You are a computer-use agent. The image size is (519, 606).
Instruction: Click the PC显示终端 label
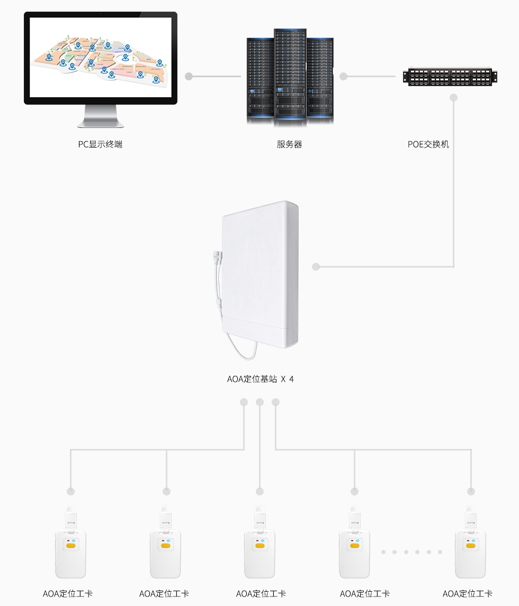click(100, 144)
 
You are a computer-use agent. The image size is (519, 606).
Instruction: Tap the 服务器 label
click(289, 144)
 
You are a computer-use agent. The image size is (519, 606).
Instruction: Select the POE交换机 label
click(428, 144)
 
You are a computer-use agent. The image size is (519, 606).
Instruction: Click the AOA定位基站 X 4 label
click(260, 379)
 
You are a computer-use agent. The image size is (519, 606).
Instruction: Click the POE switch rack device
click(451, 77)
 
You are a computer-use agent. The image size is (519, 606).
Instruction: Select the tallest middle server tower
click(290, 77)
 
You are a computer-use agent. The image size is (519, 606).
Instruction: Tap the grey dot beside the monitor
click(189, 77)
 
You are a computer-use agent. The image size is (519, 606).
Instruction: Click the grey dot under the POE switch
click(453, 98)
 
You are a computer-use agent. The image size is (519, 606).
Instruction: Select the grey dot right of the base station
click(316, 267)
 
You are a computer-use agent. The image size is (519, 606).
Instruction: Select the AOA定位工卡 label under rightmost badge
click(467, 594)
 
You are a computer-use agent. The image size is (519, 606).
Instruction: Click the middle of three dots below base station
click(259, 402)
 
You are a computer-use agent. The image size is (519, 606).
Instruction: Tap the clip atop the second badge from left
click(166, 518)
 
